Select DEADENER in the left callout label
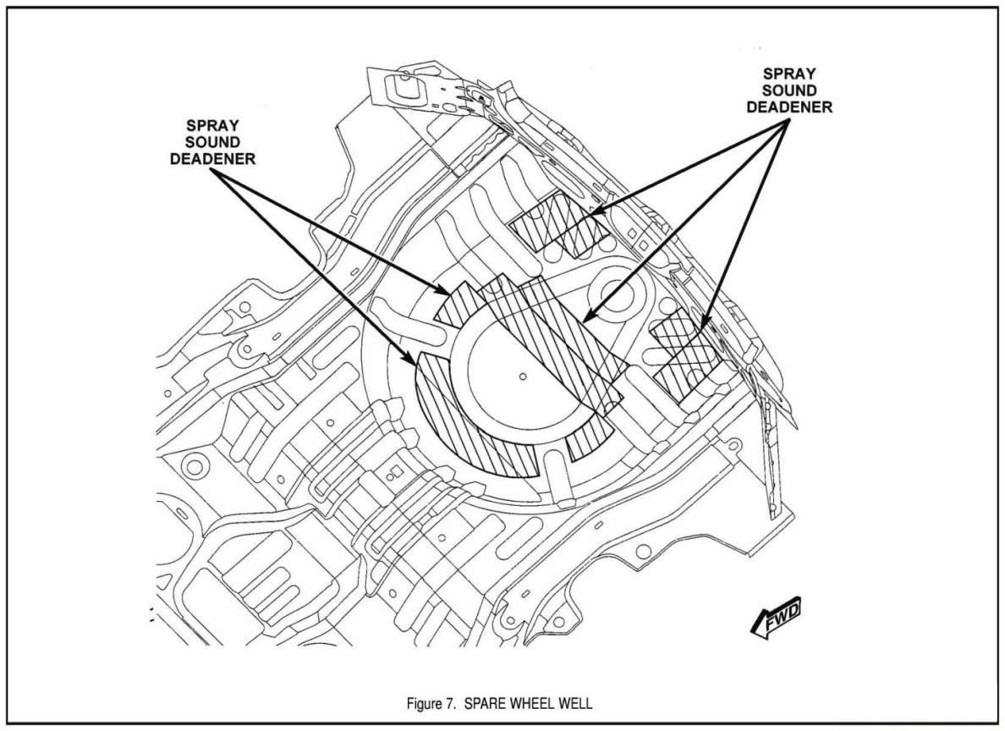pyautogui.click(x=208, y=160)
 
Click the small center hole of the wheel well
pyautogui.click(x=523, y=375)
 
